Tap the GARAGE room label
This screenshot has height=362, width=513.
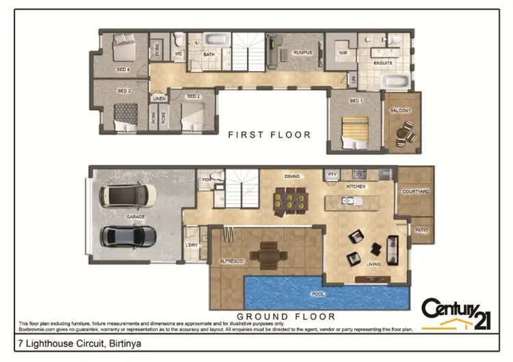pyautogui.click(x=135, y=217)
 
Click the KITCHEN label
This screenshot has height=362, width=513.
pyautogui.click(x=356, y=186)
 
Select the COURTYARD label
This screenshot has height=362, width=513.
pyautogui.click(x=415, y=192)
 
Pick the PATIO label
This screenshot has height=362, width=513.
pyautogui.click(x=421, y=230)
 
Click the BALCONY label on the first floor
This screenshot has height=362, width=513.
pyautogui.click(x=400, y=111)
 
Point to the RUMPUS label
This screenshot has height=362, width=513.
pyautogui.click(x=302, y=53)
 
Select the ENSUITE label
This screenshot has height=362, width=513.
pyautogui.click(x=383, y=63)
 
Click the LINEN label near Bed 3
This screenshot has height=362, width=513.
pyautogui.click(x=159, y=98)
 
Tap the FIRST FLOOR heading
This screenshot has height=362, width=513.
pyautogui.click(x=269, y=135)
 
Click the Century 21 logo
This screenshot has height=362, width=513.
pyautogui.click(x=455, y=311)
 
